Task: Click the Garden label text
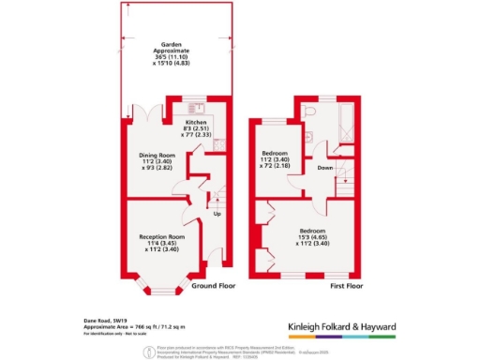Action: pos(171,43)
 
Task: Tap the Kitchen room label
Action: pos(195,122)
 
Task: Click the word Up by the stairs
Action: pos(217,213)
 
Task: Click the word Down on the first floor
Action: pos(324,169)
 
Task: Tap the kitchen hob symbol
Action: pos(217,146)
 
